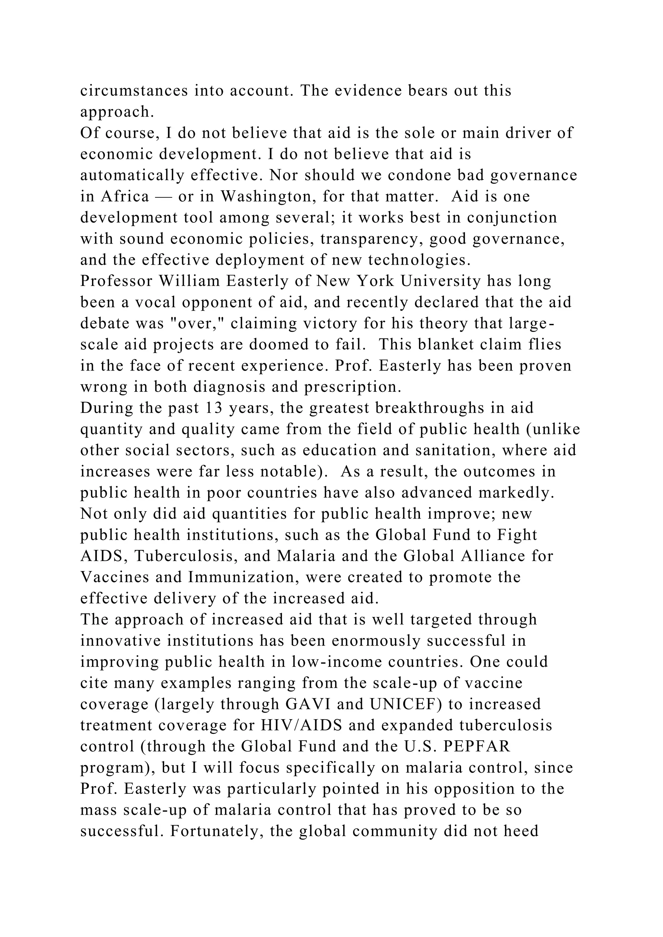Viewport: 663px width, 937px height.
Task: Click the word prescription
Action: coord(353,387)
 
